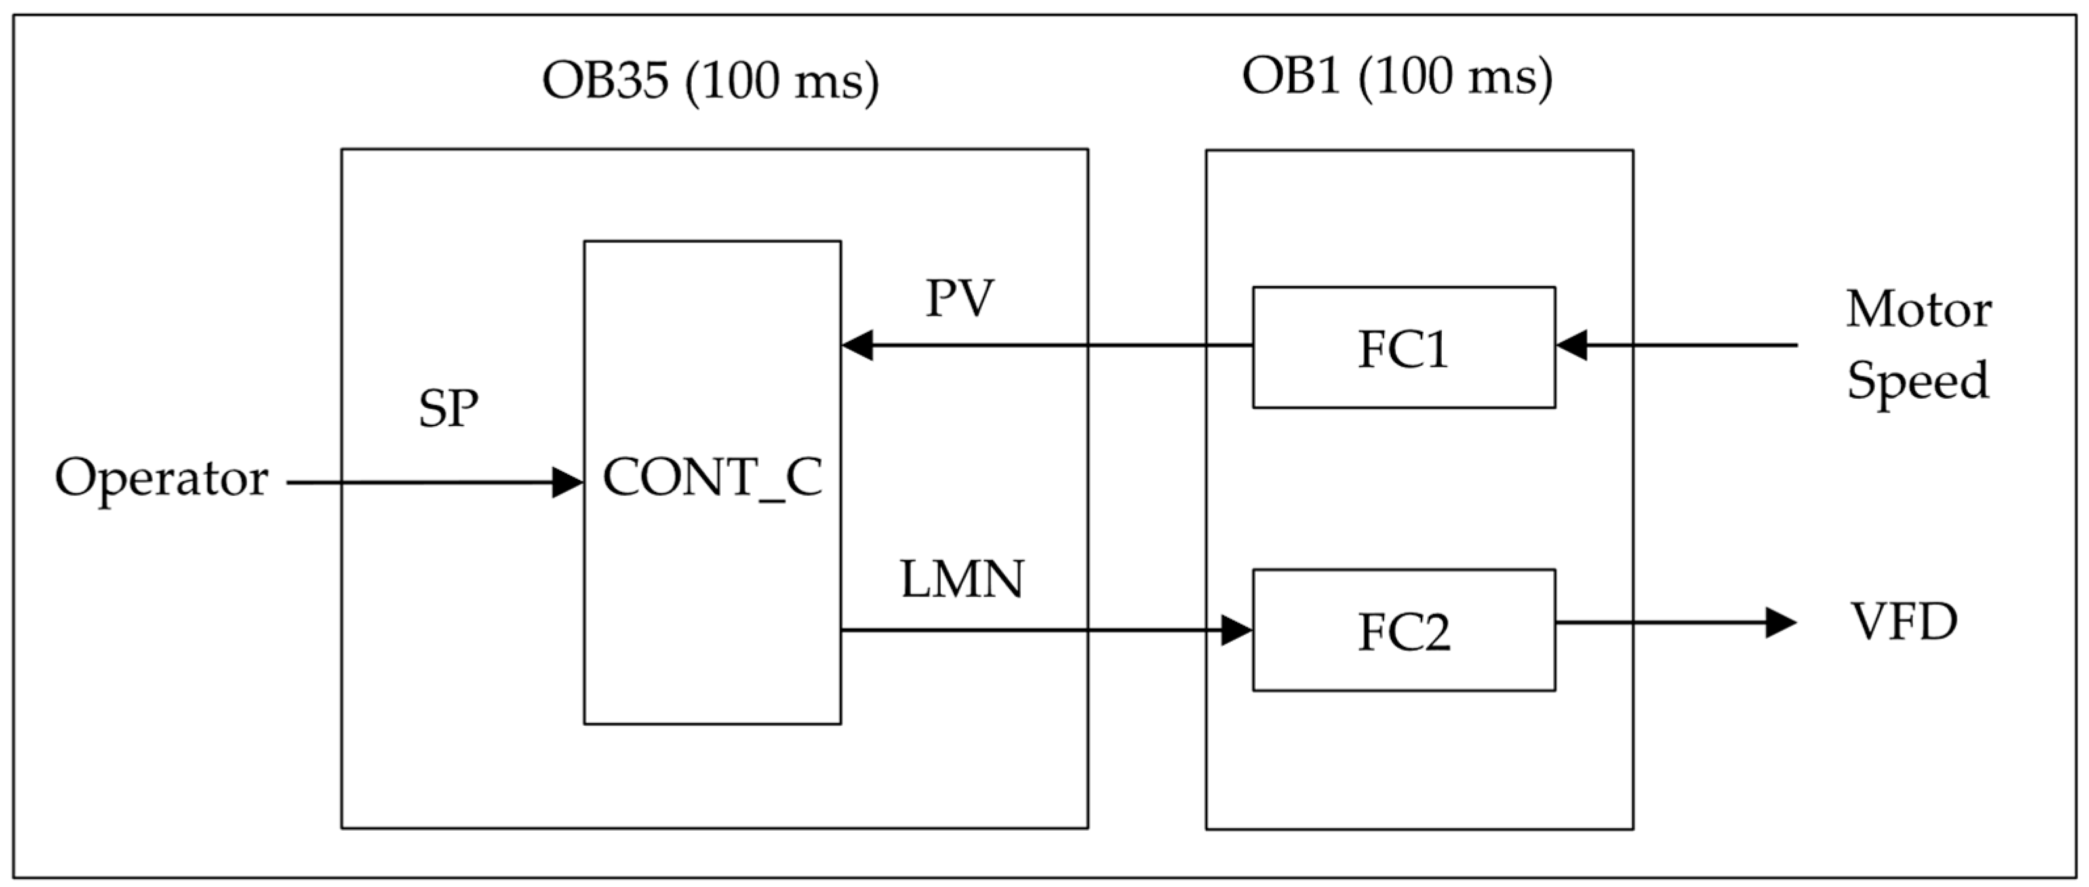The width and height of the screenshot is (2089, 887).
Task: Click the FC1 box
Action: (1403, 347)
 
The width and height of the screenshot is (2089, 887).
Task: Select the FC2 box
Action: (1403, 630)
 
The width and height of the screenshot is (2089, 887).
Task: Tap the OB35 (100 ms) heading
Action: (710, 82)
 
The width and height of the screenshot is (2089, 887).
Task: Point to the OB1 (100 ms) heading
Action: (1397, 78)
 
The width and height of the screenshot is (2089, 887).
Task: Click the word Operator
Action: (161, 479)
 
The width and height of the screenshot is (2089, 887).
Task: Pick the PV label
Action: (959, 298)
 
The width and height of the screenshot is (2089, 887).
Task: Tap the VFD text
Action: (1904, 622)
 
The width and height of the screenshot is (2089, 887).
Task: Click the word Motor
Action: (1919, 309)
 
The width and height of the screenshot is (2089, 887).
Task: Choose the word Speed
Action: (1917, 380)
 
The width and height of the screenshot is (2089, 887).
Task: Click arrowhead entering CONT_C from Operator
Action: (568, 483)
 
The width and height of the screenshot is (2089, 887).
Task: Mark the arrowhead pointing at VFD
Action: (1781, 623)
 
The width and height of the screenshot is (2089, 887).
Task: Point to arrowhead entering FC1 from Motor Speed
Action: (1572, 345)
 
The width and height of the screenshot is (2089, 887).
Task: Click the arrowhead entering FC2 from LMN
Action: (1237, 630)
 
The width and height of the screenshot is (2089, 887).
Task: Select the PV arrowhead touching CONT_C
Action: (857, 345)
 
